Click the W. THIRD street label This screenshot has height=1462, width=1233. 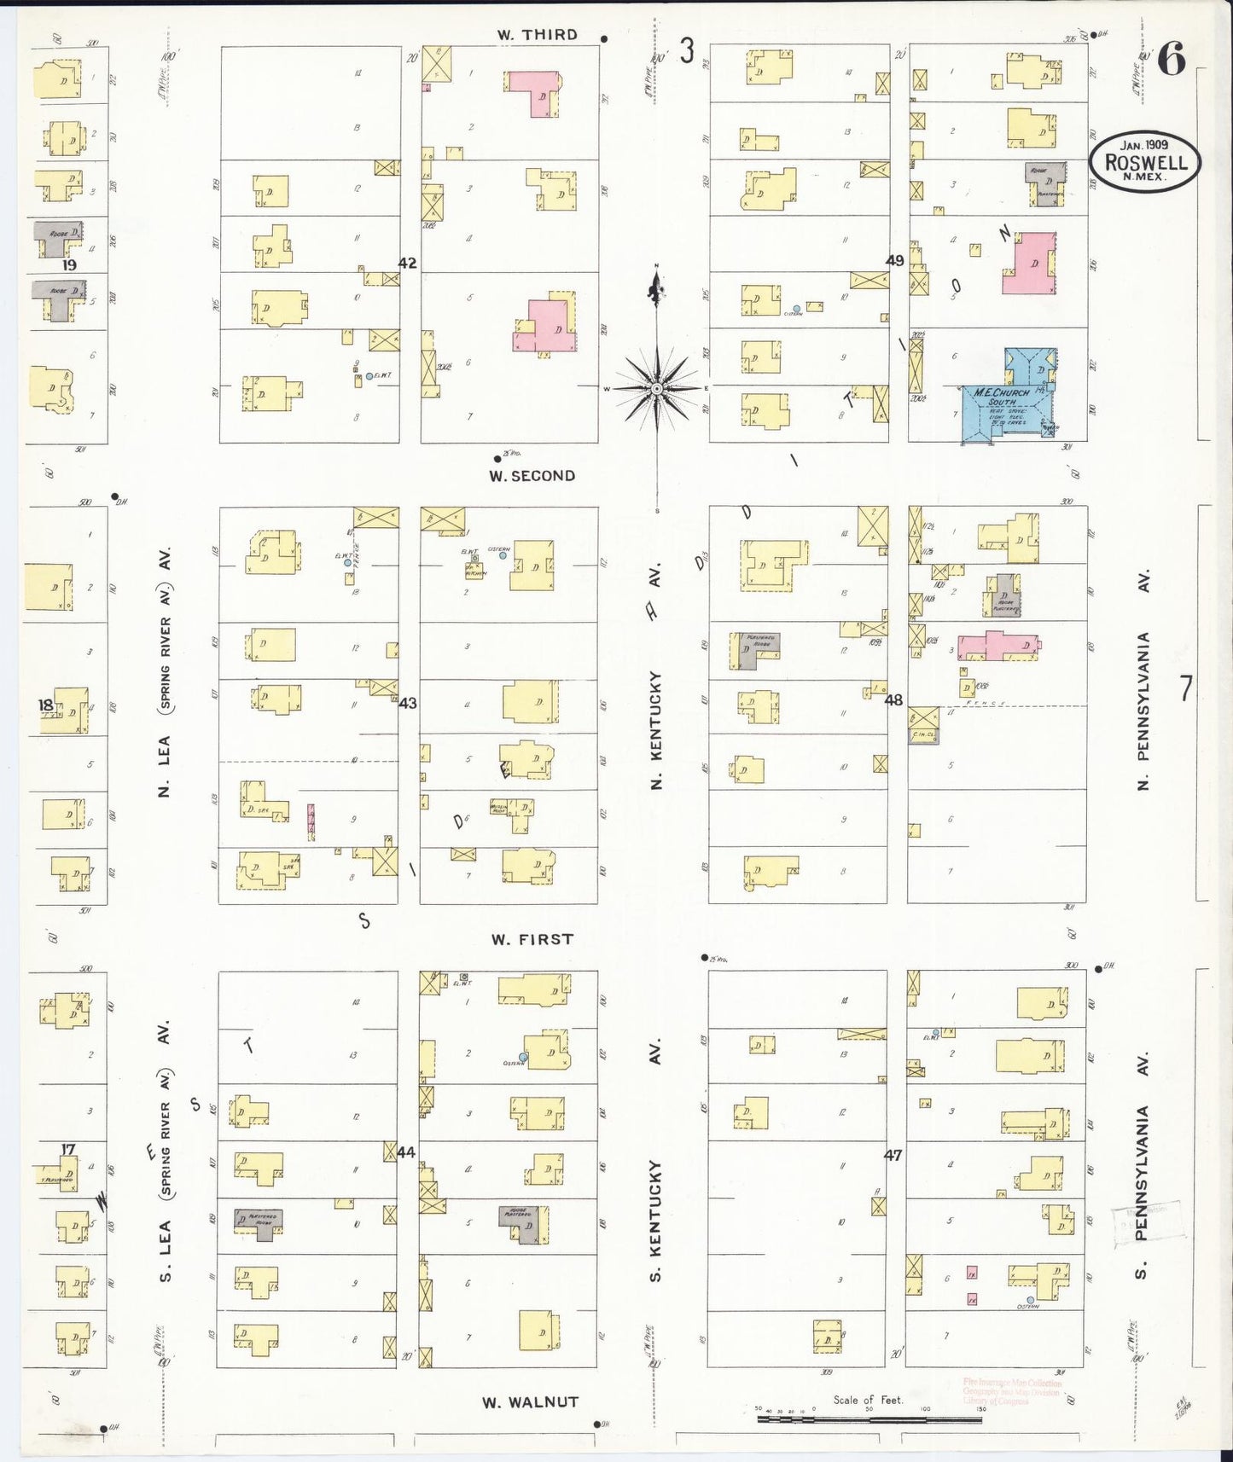click(538, 35)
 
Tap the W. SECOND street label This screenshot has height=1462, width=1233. click(532, 476)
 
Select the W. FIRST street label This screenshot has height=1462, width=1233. click(532, 939)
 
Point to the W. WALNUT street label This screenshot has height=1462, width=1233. click(530, 1401)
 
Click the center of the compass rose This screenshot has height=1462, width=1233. click(657, 389)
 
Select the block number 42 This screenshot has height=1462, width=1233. click(407, 263)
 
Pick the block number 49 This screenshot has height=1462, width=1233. click(894, 260)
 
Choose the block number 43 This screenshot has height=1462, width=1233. click(408, 703)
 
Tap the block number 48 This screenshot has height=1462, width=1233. click(893, 700)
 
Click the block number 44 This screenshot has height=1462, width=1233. click(406, 1152)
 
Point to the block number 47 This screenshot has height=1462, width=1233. click(893, 1155)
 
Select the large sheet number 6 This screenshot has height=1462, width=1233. click(1172, 61)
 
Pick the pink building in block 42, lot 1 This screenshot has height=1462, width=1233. click(535, 91)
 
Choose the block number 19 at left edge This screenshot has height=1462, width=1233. click(68, 265)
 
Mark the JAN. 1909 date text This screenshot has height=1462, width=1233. click(1144, 145)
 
